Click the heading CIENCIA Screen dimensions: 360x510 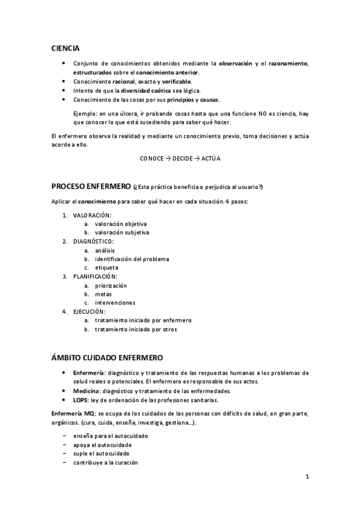pos(65,48)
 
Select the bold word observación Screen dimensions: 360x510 pos(235,63)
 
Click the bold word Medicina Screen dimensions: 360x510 pos(86,390)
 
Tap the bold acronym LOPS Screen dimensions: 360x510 pos(81,399)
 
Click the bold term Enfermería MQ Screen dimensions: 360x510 pos(73,414)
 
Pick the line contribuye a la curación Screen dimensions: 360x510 pos(105,462)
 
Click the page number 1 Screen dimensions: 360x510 pos(307,478)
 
